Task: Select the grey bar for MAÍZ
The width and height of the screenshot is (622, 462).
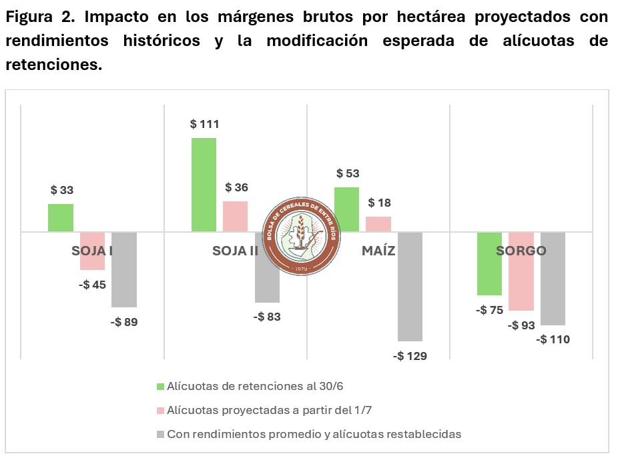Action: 410,287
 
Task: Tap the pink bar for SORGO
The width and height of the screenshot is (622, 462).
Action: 521,271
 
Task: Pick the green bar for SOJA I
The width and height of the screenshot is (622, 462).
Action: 61,218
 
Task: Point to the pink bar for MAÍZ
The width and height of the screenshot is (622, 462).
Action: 378,224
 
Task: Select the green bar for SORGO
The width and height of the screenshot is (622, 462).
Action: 489,263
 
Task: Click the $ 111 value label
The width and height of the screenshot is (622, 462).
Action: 204,124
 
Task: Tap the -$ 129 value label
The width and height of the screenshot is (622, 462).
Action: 410,356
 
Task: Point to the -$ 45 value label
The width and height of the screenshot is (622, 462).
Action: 92,285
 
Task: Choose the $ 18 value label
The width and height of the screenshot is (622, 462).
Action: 379,203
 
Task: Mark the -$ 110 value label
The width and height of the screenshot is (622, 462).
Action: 553,339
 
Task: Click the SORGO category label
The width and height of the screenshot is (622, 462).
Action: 521,251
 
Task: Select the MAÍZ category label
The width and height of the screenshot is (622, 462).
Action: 378,251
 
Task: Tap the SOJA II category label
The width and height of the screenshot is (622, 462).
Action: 235,251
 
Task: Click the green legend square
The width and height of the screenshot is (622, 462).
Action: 160,386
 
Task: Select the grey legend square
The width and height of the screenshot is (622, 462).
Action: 160,435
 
